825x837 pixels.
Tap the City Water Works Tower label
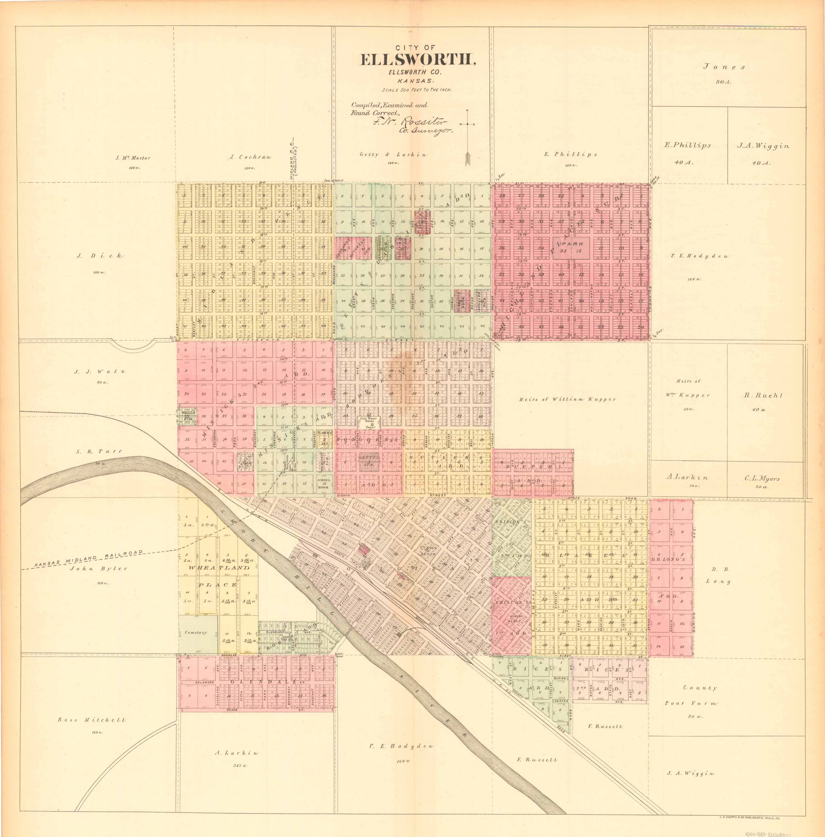pyautogui.click(x=370, y=422)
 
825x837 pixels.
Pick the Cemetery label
pyautogui.click(x=196, y=633)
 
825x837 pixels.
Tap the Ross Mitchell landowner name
pyautogui.click(x=92, y=720)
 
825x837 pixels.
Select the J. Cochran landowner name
pyautogui.click(x=250, y=157)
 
